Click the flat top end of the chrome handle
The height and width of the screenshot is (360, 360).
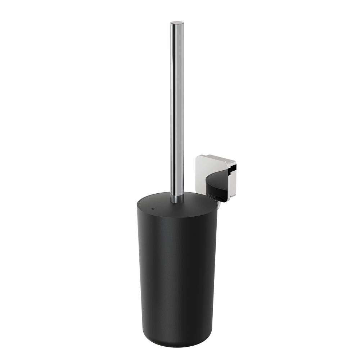click(177, 23)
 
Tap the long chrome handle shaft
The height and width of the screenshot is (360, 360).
click(177, 108)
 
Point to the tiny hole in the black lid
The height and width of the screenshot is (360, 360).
click(153, 208)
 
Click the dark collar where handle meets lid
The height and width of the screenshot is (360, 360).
click(177, 199)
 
